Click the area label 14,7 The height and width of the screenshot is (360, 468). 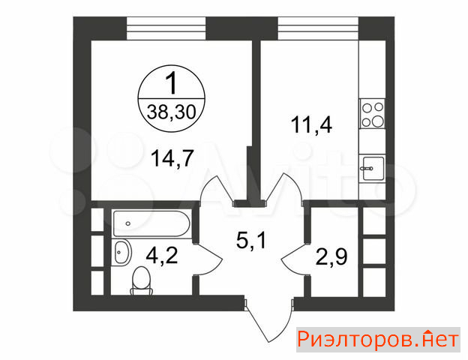coord(172,158)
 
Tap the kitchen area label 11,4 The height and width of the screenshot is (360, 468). coord(311,124)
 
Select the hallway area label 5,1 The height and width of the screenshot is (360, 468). coord(250,240)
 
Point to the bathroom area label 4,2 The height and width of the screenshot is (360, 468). coord(162,256)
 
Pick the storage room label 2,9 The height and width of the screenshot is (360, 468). coord(331,257)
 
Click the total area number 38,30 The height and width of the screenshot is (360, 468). coord(171,112)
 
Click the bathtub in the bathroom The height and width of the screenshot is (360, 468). coord(151,224)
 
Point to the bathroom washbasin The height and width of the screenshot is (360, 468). coord(122,252)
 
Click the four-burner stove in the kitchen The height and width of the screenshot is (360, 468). coord(372,113)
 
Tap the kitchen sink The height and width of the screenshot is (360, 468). coord(373,169)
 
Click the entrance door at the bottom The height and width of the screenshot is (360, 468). coord(268,319)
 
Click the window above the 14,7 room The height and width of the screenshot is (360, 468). coord(166,28)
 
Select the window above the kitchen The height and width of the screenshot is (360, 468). coord(318,28)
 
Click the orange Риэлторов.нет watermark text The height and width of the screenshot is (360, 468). coord(378,340)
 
